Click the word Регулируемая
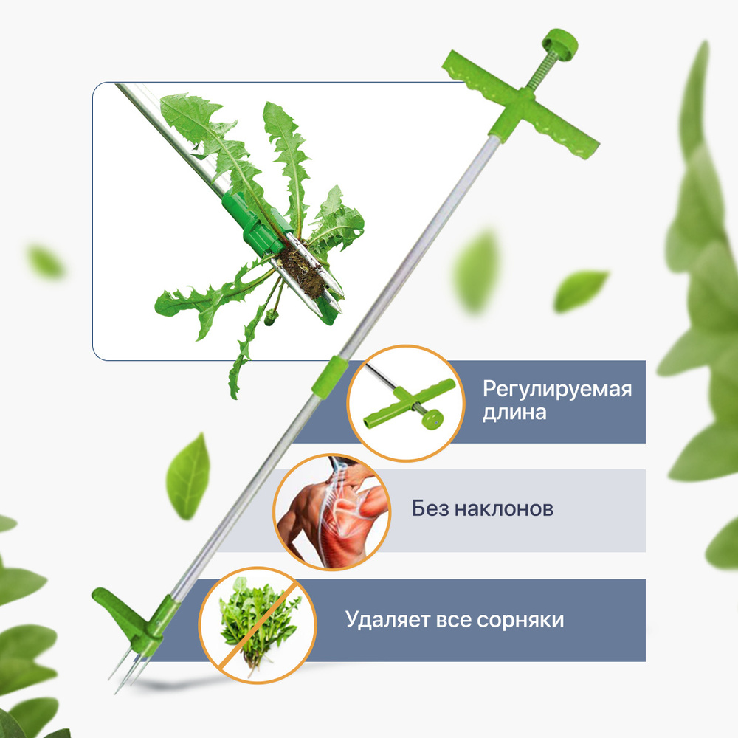tap(556, 390)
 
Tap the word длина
tap(514, 413)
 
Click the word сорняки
tap(520, 620)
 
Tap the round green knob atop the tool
tap(559, 44)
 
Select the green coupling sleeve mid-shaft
tap(330, 377)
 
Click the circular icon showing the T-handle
tap(406, 403)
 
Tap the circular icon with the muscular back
tap(332, 511)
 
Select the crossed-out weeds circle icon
tap(257, 624)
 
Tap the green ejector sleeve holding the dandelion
tap(254, 220)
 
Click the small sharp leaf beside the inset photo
tap(580, 290)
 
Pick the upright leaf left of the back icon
tap(187, 477)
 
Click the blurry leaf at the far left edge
tap(46, 261)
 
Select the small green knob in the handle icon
tap(432, 418)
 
